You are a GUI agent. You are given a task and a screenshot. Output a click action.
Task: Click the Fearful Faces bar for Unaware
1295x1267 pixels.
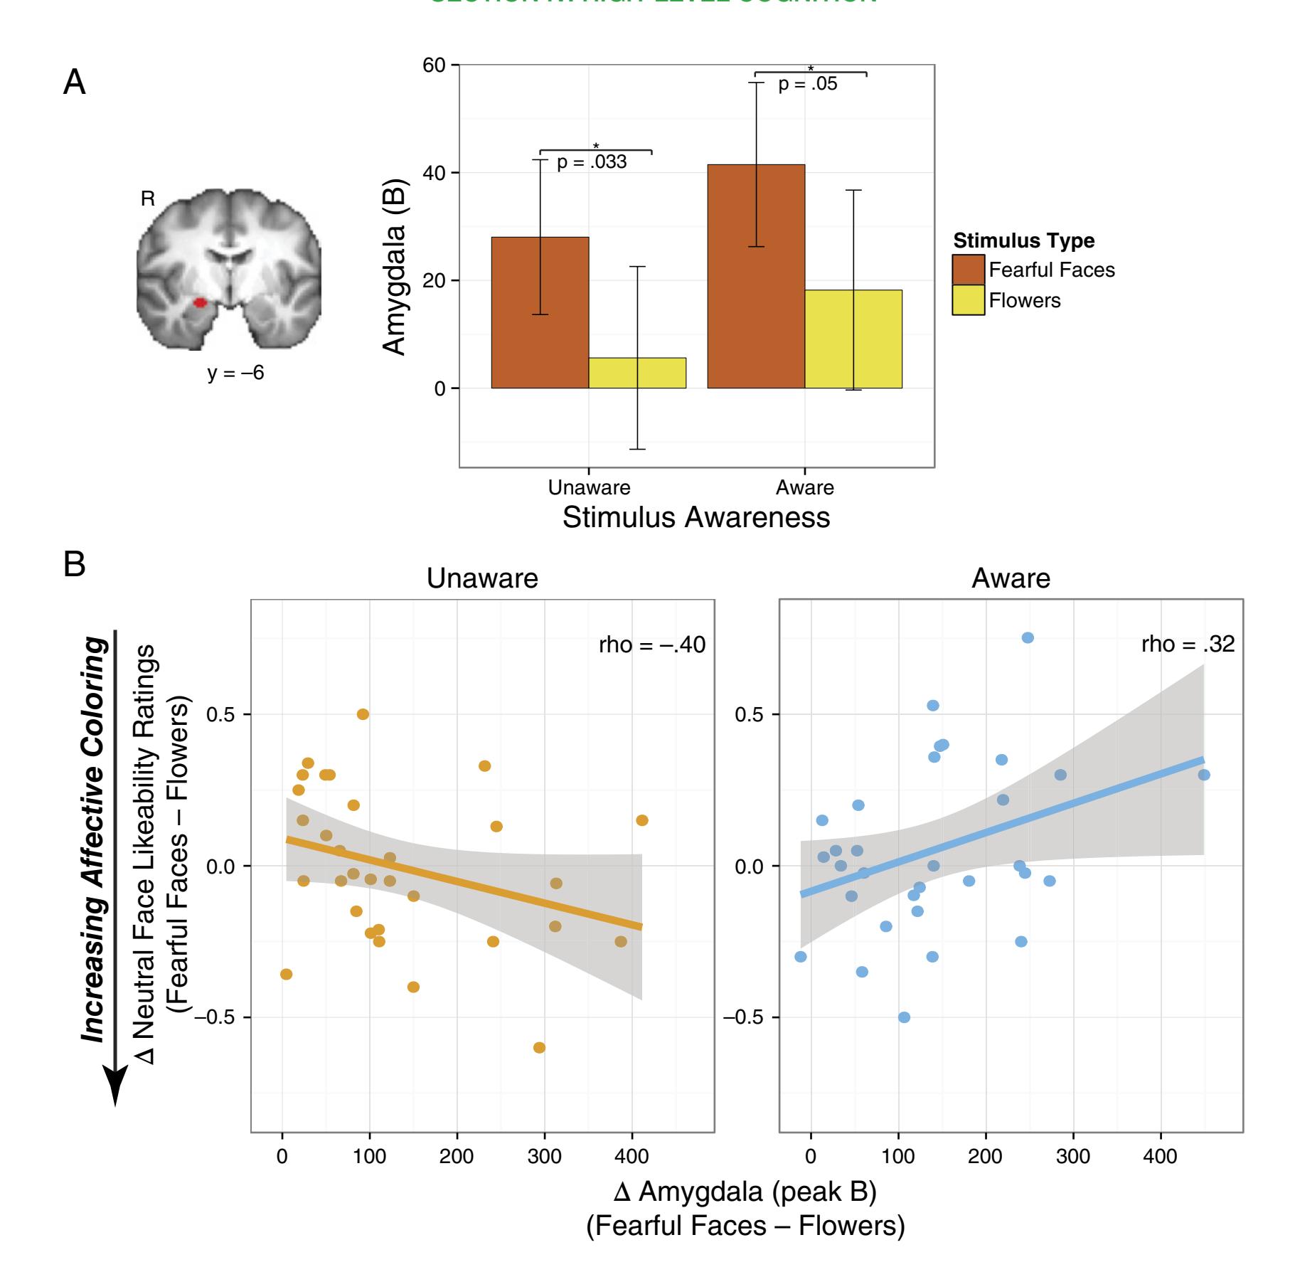(x=540, y=312)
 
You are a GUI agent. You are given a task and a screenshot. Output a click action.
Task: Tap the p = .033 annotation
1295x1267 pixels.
(x=592, y=162)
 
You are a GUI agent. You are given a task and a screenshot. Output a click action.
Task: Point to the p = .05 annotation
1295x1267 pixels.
(x=807, y=84)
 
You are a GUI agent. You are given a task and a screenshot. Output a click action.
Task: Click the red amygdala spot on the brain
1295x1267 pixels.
(x=201, y=303)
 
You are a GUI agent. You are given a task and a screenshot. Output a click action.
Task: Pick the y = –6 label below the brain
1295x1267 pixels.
(x=235, y=373)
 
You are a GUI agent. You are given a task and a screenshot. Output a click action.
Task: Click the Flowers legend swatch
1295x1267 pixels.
(x=968, y=300)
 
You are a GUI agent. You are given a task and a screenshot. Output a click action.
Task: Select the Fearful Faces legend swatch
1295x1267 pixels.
(x=968, y=270)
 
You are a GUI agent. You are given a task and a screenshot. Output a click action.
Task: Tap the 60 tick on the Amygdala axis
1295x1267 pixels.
(x=434, y=65)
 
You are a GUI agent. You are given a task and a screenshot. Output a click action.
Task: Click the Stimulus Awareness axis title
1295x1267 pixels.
(x=696, y=517)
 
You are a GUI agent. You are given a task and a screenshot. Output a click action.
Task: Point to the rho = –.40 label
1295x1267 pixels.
(x=652, y=645)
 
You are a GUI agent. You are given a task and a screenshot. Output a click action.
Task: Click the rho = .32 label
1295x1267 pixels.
(x=1188, y=644)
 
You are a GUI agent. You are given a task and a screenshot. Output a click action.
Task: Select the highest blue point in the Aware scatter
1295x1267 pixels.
(x=1028, y=637)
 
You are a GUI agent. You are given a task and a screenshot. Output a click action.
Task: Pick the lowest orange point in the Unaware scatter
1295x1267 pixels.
(x=539, y=1047)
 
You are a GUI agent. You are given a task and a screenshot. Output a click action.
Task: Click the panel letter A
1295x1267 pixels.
(x=75, y=83)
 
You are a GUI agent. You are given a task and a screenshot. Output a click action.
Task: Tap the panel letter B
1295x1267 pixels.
(x=75, y=564)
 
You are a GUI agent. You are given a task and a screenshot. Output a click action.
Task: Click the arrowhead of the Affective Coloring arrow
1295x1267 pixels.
(x=115, y=1086)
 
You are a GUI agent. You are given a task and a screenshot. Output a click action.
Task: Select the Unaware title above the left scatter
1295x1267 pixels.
(x=482, y=578)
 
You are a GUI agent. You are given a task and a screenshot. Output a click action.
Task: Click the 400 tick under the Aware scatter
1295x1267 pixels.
(x=1160, y=1156)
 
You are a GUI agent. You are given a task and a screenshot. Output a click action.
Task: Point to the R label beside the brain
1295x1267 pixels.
(x=148, y=199)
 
